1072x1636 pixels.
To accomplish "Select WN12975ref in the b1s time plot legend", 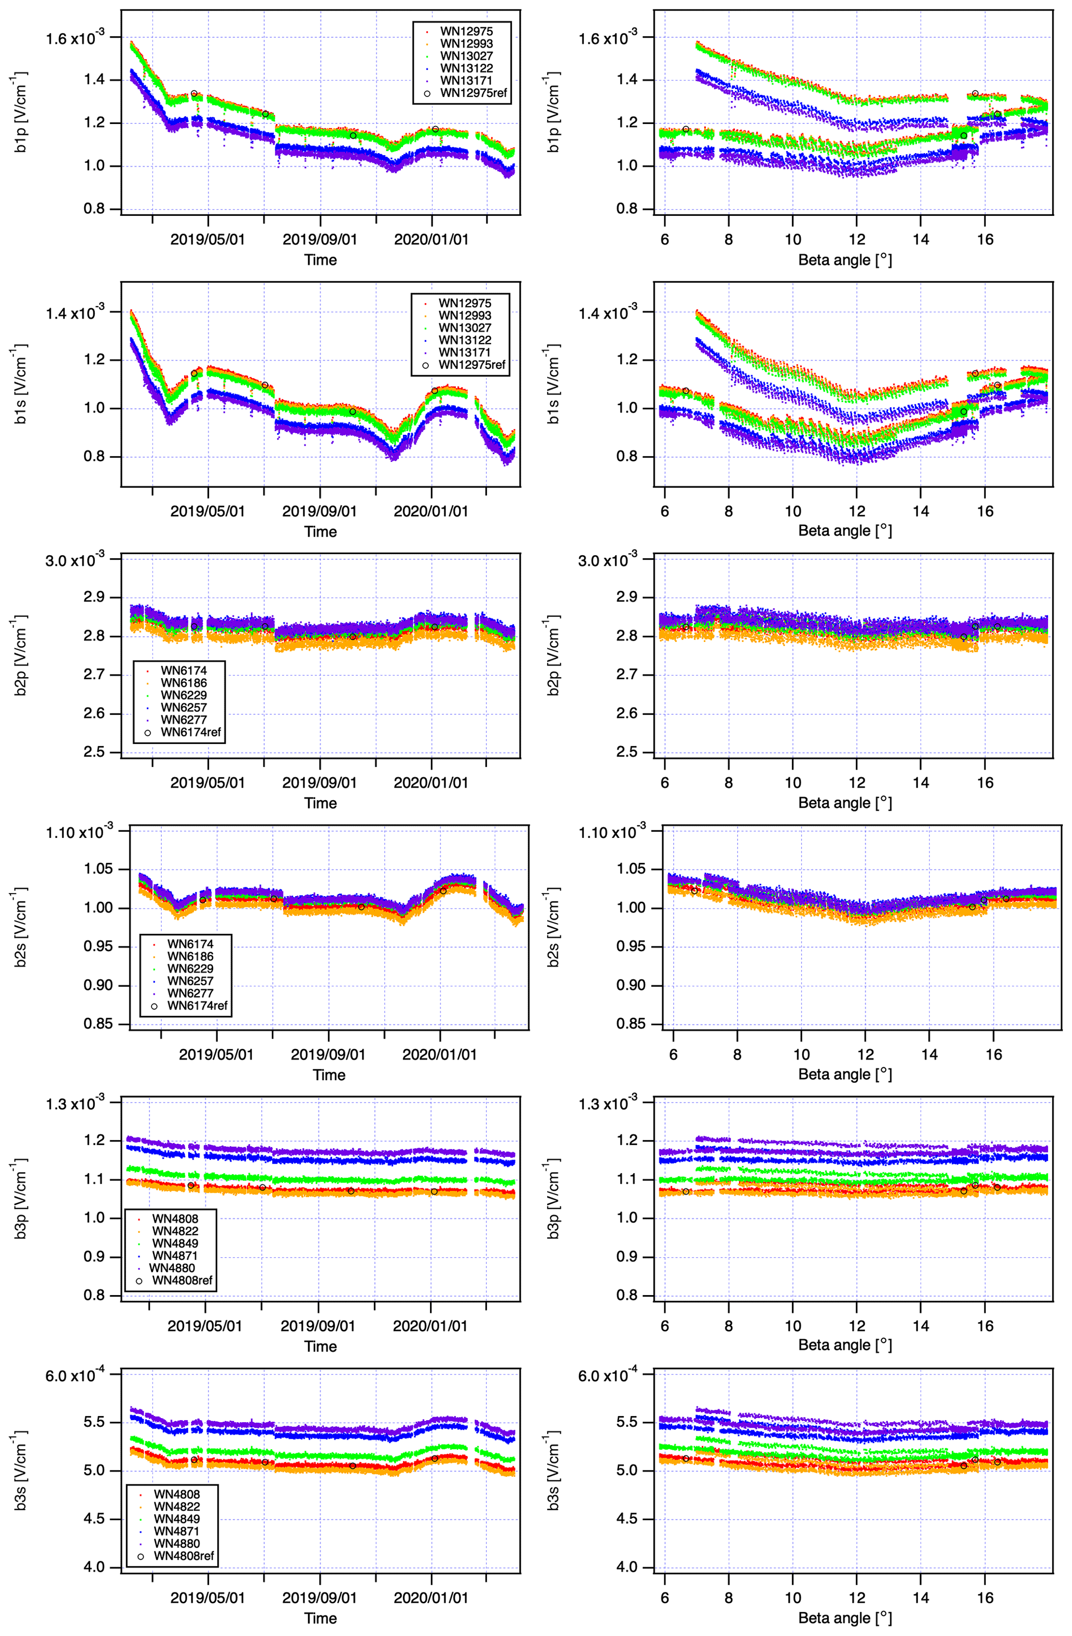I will coord(471,365).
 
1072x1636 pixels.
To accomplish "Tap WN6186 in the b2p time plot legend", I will coord(184,683).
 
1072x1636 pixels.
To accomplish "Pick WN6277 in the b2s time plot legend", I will coord(190,993).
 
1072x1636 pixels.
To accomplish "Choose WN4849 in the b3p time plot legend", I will coord(175,1243).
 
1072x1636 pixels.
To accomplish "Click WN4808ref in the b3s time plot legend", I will coord(184,1556).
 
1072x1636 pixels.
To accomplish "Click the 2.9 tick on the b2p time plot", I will coord(94,597).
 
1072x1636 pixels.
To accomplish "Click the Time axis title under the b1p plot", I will coord(320,260).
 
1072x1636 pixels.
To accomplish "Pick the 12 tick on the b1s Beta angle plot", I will coord(856,511).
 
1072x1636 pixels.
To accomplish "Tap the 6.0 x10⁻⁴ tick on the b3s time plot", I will coord(75,1376).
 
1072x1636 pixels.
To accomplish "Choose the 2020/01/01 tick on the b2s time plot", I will coord(439,1054).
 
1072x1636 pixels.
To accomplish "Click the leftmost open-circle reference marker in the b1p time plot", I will coord(194,93).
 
